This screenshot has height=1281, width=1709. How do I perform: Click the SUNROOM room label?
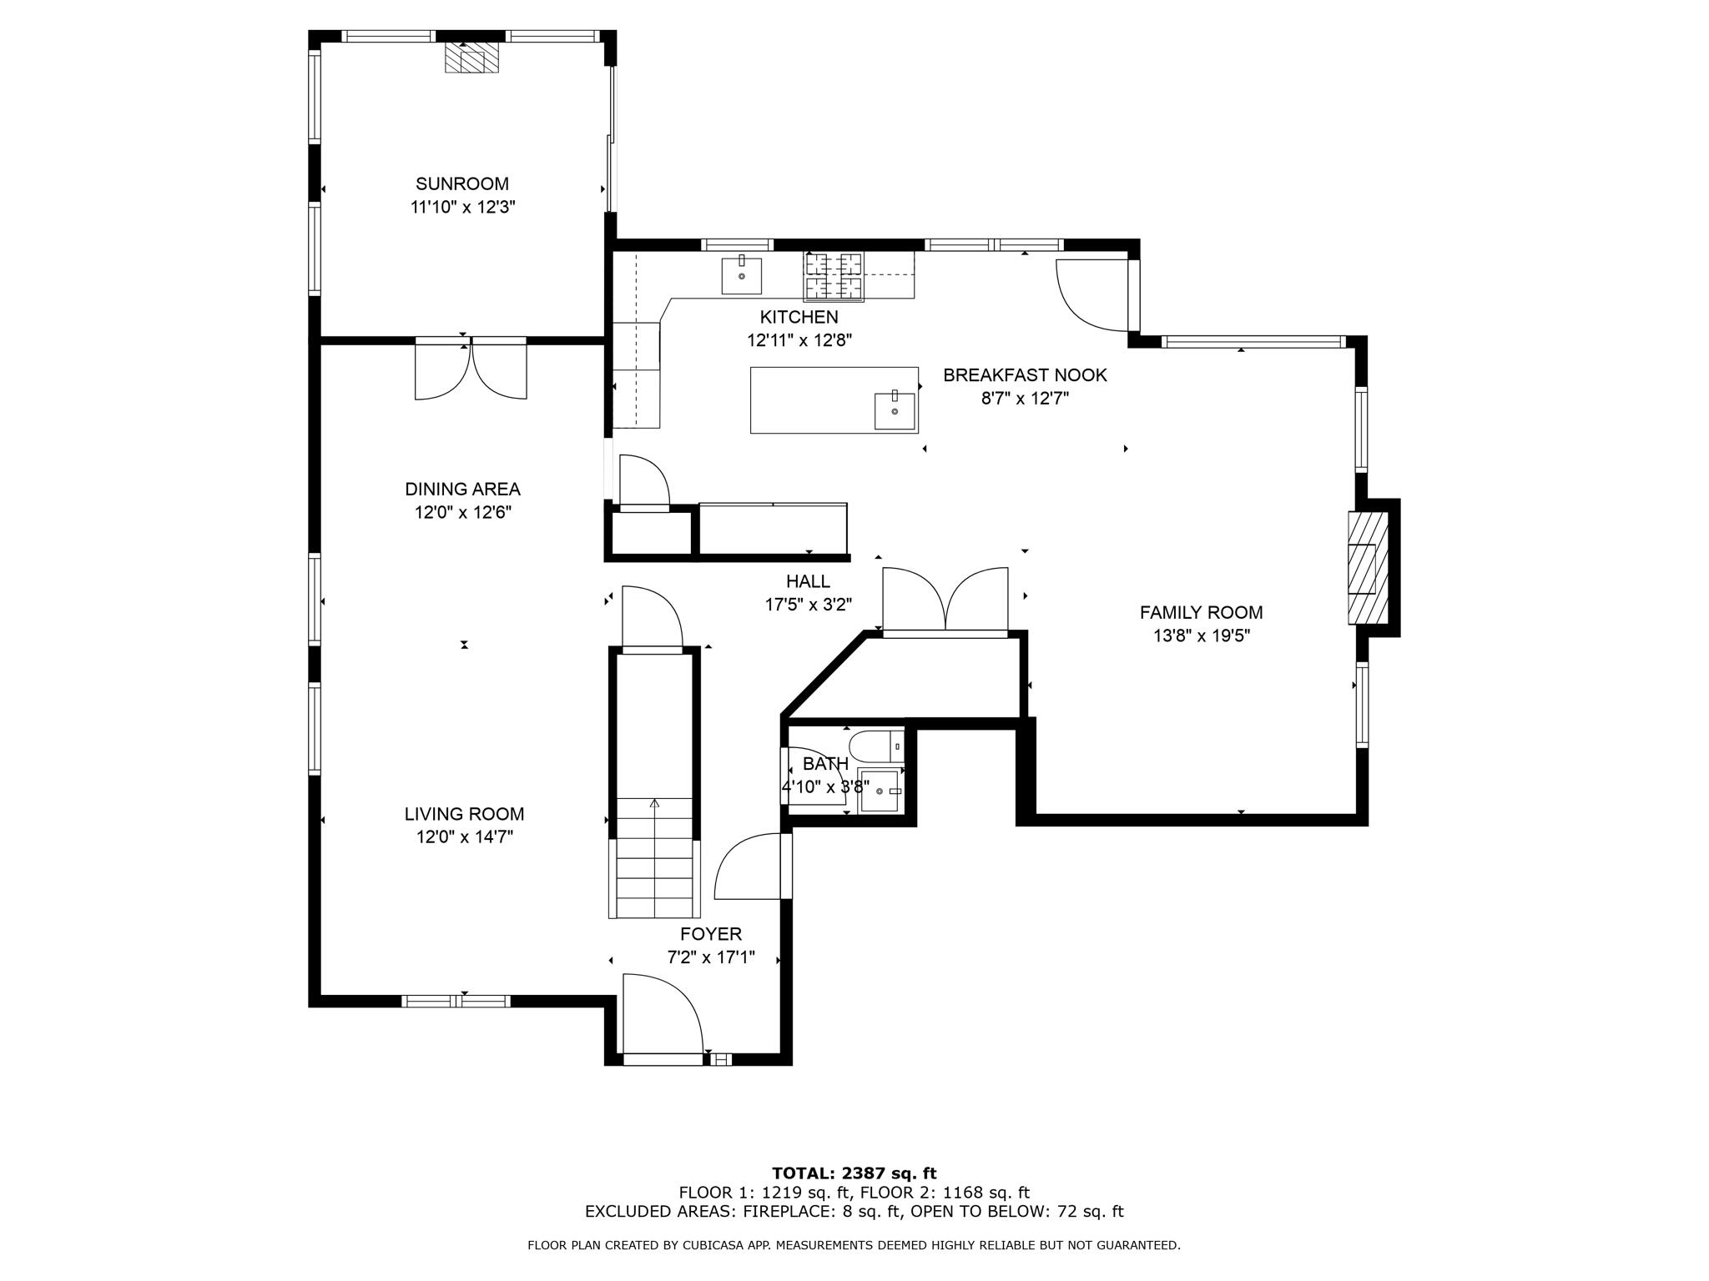tap(462, 183)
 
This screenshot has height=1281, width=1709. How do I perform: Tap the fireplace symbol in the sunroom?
tap(471, 58)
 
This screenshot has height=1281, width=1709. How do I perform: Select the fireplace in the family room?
tap(1368, 567)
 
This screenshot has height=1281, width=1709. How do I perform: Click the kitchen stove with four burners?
tap(833, 275)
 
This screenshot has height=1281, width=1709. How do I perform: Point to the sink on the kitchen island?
tap(895, 410)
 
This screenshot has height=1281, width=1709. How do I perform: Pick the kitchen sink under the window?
tap(741, 275)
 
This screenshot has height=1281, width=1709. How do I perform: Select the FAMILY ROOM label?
tap(1201, 612)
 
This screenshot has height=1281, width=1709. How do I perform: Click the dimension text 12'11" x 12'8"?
tap(799, 340)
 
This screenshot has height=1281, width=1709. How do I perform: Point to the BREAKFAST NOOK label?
tap(1025, 375)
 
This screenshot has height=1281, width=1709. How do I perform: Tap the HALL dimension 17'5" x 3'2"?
tap(808, 605)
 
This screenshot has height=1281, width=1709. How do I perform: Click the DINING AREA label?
tap(462, 489)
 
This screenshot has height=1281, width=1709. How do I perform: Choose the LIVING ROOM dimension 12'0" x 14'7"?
tap(465, 837)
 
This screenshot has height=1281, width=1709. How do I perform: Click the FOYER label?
tap(711, 934)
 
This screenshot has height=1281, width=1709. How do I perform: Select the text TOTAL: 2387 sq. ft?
tap(854, 1173)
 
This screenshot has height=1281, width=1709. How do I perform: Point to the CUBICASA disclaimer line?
tap(854, 1246)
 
